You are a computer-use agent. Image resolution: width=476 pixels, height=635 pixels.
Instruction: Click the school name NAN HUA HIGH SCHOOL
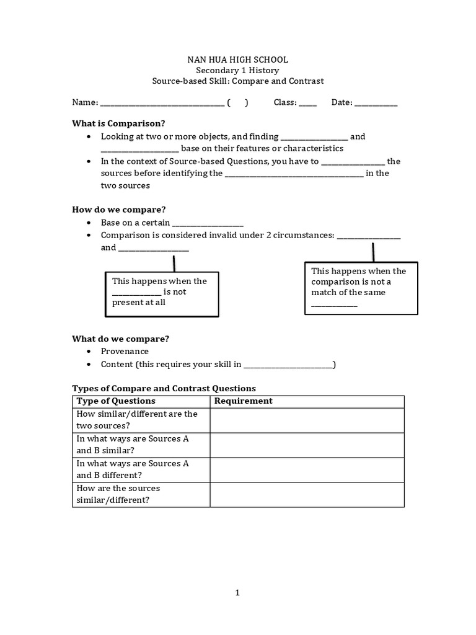point(238,60)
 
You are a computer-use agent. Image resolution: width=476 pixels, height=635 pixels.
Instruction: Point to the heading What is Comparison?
point(119,123)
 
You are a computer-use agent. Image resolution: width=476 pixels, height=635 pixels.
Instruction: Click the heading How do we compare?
point(119,210)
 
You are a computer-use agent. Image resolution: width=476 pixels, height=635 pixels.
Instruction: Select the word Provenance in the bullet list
point(125,351)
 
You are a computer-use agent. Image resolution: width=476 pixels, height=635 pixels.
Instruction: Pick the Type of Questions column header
point(116,401)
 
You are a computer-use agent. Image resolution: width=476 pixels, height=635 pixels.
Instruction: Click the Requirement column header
point(243,401)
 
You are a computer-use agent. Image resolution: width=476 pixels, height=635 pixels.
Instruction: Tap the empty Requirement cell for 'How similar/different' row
point(307,420)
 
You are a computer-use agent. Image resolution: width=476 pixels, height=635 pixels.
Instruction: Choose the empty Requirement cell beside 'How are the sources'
point(307,494)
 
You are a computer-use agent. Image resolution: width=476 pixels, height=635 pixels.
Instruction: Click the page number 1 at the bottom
point(237,593)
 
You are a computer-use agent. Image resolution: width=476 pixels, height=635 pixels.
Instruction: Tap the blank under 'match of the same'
point(334,305)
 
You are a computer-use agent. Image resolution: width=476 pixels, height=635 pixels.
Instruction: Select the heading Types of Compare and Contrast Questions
point(164,388)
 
